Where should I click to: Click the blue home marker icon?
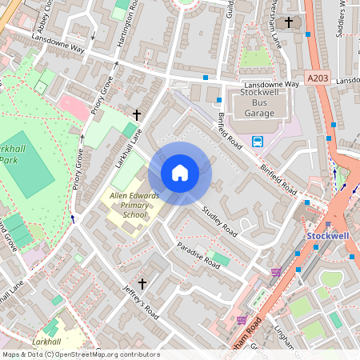(x=180, y=173)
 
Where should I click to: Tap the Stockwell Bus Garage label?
(x=258, y=103)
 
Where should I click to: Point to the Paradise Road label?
(x=198, y=254)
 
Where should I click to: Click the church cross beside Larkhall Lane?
(x=136, y=115)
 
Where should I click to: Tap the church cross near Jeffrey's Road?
(x=143, y=283)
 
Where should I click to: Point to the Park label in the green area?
(x=8, y=160)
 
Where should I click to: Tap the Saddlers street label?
(x=345, y=20)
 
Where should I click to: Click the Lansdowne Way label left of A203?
(x=270, y=82)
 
